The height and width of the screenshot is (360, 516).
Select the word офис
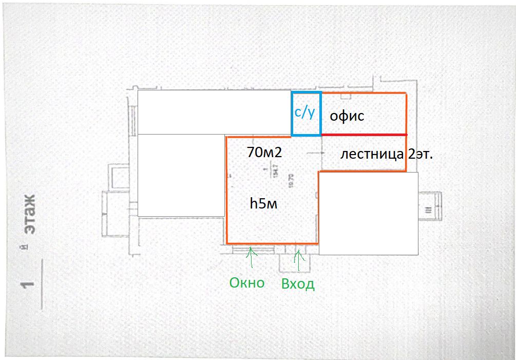(347, 116)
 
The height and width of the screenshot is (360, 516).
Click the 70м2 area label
(265, 153)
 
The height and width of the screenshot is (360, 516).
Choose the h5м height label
(263, 203)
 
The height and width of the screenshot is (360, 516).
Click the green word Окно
(247, 282)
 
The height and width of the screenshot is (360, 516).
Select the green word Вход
(298, 284)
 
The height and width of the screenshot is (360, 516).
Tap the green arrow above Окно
(251, 257)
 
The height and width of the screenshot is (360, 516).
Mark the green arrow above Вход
(298, 258)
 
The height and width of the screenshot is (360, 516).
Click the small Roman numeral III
(428, 209)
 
